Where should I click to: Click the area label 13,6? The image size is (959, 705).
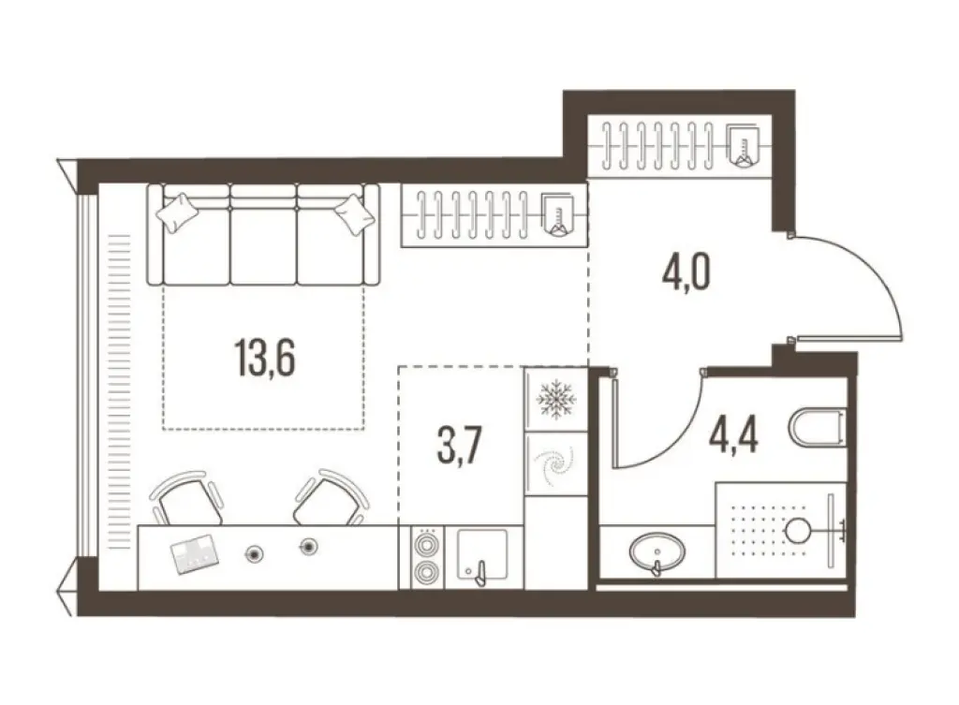pos(264,357)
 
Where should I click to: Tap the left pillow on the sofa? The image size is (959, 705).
pos(178,213)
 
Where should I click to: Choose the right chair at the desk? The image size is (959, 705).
pos(329,499)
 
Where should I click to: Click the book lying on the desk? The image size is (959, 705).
pos(194,553)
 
